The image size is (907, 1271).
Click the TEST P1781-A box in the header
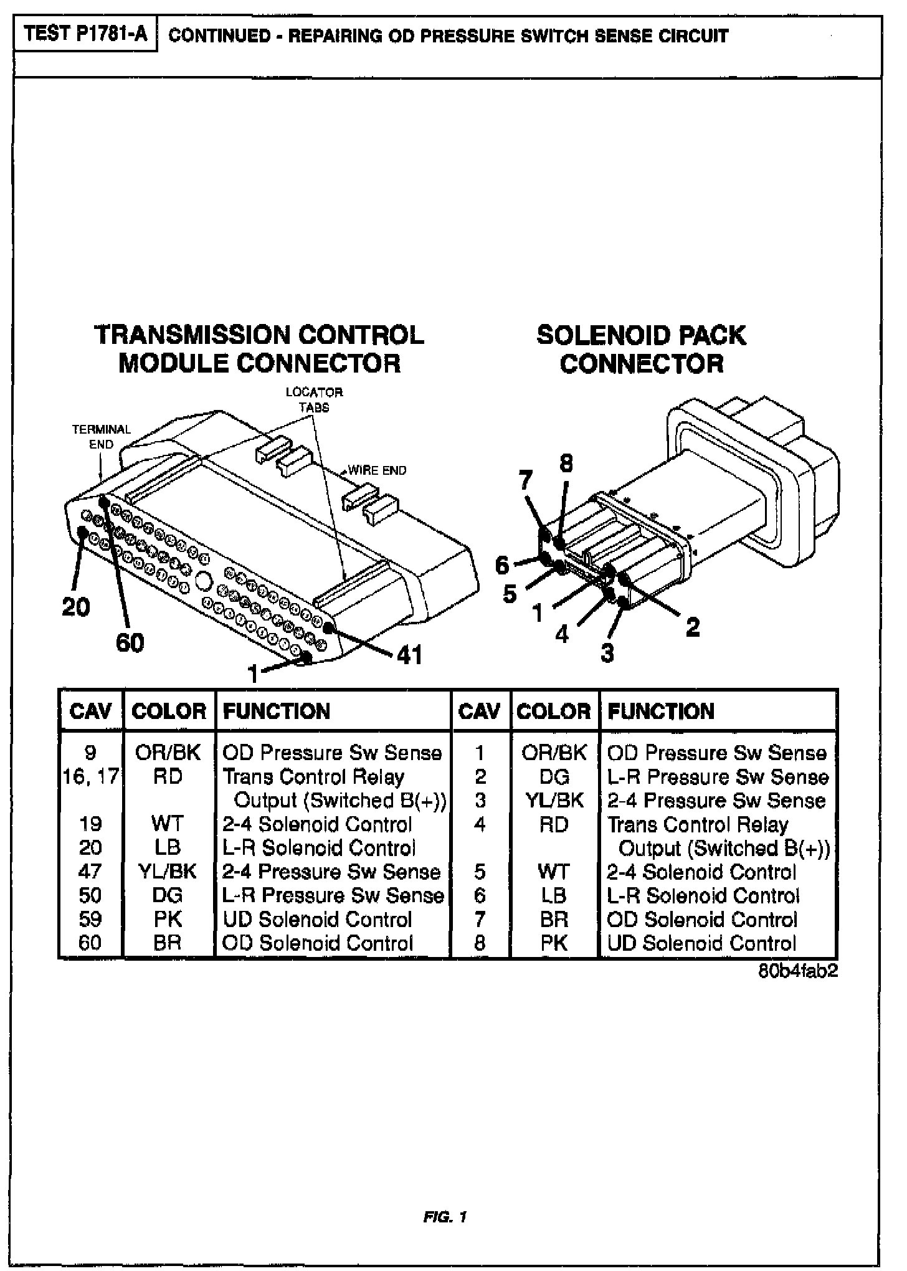tap(85, 35)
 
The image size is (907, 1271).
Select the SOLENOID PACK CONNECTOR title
tap(641, 348)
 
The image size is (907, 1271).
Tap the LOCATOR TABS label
tap(314, 399)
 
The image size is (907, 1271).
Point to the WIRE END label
tap(377, 470)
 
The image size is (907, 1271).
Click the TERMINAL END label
tap(101, 436)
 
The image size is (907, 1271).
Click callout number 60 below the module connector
tap(130, 642)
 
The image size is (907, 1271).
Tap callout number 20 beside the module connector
tap(76, 606)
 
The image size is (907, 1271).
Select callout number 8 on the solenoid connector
tap(566, 464)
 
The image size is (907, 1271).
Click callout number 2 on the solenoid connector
tap(693, 626)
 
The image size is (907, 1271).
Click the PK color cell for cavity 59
tap(168, 919)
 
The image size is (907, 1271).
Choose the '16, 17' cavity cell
tap(90, 777)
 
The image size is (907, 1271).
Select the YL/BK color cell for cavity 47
tap(168, 871)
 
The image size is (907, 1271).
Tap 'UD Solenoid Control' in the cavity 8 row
tap(701, 943)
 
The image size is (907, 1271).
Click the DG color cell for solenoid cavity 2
tap(554, 777)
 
